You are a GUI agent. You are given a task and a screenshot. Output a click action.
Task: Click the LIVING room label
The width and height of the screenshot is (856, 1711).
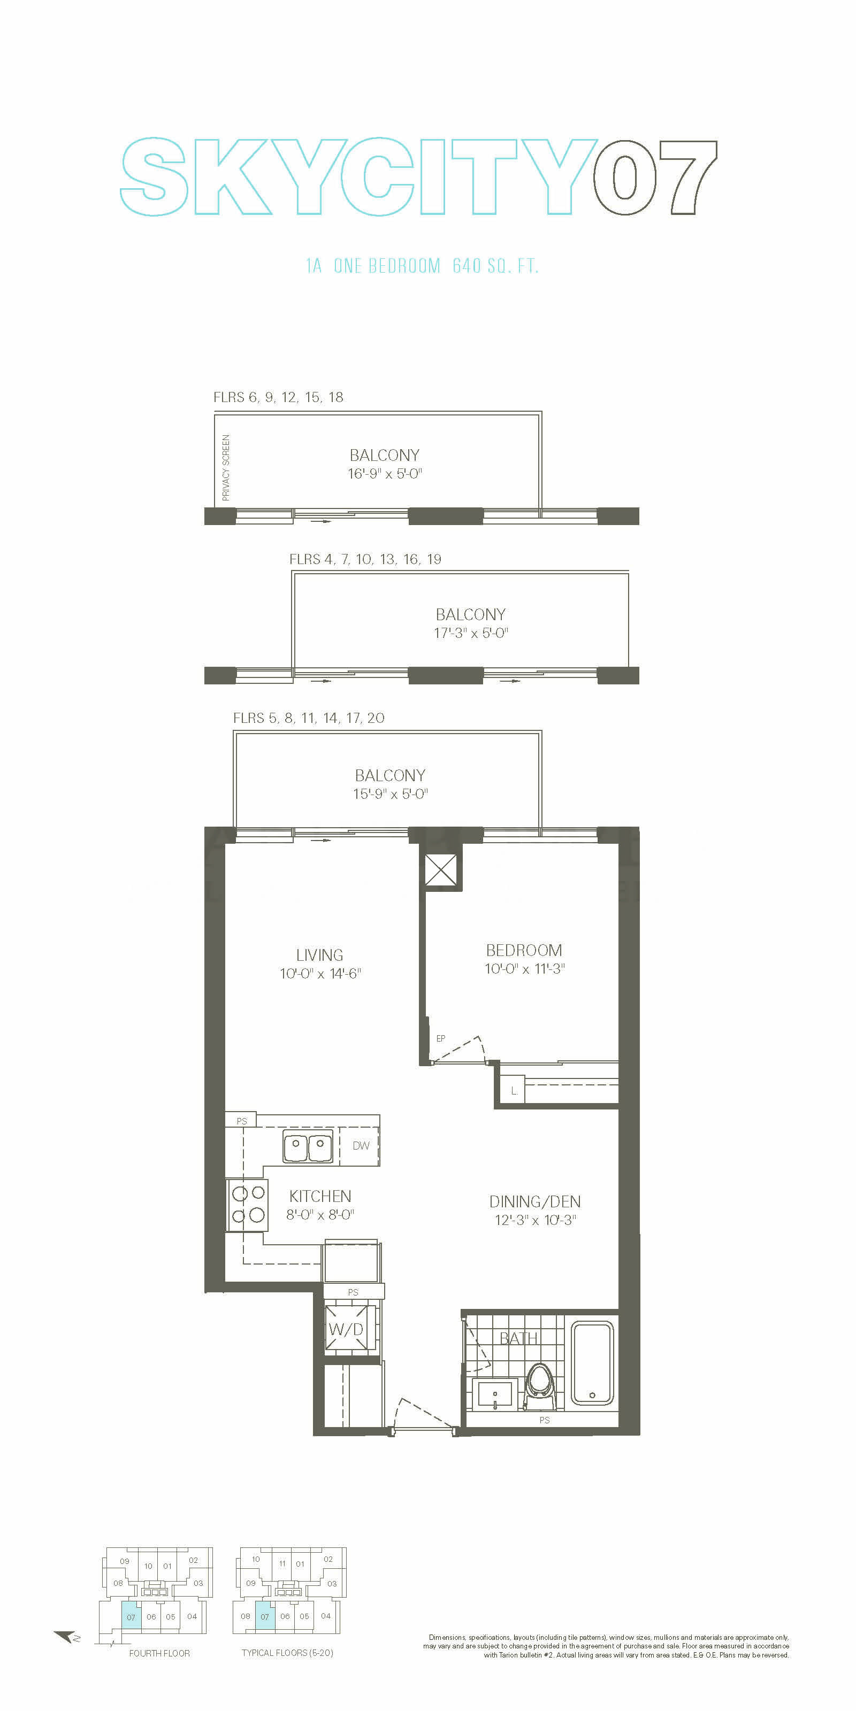click(x=320, y=955)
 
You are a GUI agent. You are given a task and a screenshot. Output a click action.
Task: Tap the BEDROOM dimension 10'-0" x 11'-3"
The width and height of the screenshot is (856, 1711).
click(x=524, y=969)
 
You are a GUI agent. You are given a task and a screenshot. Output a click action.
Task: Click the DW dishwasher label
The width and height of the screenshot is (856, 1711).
click(x=361, y=1146)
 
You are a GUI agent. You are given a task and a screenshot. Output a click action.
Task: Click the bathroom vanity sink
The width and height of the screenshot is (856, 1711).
click(x=494, y=1393)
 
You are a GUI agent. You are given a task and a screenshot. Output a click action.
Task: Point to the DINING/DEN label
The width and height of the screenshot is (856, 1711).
click(x=535, y=1201)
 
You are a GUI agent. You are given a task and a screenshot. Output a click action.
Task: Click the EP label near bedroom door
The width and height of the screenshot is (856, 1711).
click(x=441, y=1038)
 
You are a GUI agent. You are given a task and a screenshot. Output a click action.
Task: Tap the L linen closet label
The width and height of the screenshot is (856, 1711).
click(x=514, y=1091)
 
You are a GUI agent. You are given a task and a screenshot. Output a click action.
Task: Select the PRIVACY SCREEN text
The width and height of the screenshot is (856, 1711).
click(x=226, y=468)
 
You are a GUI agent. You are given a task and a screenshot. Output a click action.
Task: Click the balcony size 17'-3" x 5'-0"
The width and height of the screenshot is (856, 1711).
click(x=471, y=633)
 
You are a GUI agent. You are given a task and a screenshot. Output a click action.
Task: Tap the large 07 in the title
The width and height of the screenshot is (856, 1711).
click(x=655, y=178)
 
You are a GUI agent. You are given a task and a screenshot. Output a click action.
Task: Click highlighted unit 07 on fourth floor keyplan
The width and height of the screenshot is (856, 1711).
click(x=131, y=1617)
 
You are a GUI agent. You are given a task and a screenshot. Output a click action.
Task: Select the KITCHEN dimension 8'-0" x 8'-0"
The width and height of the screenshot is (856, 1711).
click(x=320, y=1215)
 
